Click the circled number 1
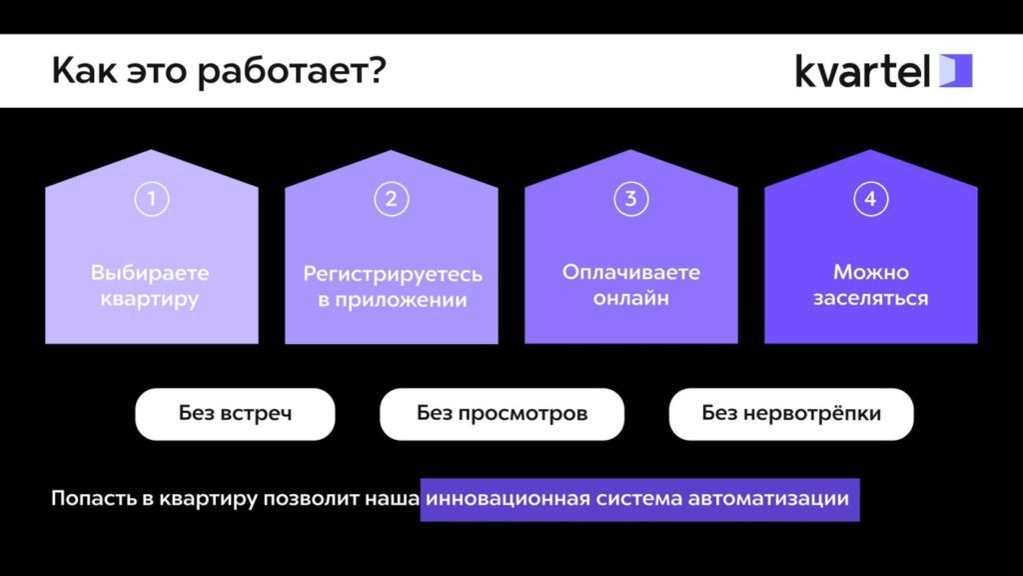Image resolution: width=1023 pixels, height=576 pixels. [x=151, y=199]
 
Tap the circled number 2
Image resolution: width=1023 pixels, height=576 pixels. [x=391, y=199]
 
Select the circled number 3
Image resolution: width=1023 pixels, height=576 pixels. [x=630, y=199]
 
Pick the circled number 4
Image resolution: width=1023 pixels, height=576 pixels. [x=870, y=199]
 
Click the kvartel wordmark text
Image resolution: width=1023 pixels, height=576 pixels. [x=863, y=71]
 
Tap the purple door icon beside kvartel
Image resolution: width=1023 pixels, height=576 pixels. [x=955, y=71]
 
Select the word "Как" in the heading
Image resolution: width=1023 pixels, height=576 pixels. [x=79, y=71]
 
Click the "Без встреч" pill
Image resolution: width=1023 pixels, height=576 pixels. [x=235, y=414]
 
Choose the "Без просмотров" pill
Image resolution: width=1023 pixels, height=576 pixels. [x=502, y=414]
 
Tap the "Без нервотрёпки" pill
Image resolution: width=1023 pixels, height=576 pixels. [x=791, y=414]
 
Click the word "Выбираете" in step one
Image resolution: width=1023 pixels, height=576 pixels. [x=150, y=272]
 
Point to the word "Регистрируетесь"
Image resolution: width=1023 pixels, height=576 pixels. [x=393, y=273]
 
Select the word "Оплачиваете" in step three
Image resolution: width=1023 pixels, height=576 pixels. [x=630, y=272]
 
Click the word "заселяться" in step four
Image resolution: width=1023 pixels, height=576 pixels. [x=870, y=298]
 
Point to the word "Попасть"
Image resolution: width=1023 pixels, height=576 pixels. [x=88, y=498]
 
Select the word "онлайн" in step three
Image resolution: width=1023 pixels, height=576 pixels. [x=630, y=298]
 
